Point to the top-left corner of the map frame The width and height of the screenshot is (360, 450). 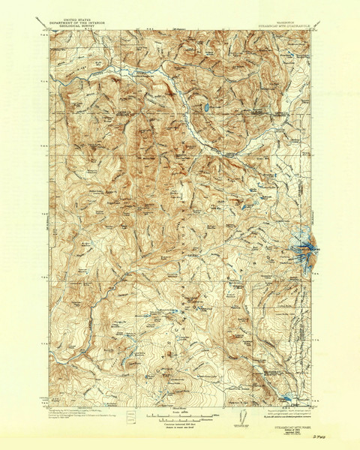click(51, 31)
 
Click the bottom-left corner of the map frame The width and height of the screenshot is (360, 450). click(51, 406)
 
